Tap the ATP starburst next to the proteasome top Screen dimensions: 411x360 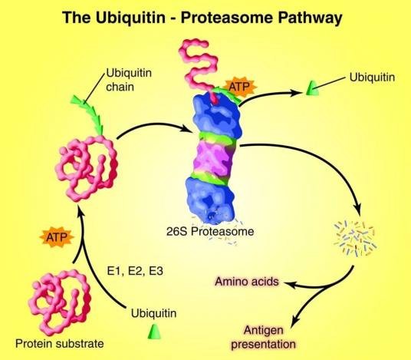(240, 87)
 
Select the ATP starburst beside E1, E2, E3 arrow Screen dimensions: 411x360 (57, 237)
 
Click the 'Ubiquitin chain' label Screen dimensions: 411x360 (129, 80)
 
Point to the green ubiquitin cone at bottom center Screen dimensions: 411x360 (154, 332)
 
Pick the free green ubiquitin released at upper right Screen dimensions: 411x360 (312, 88)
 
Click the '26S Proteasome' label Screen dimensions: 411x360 (210, 232)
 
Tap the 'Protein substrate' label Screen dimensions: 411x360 (60, 343)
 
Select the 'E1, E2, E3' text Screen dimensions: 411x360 (135, 271)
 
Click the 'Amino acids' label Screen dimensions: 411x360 (247, 282)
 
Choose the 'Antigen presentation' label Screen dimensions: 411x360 (263, 337)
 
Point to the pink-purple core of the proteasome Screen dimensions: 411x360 (214, 158)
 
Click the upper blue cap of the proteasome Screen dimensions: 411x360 (217, 114)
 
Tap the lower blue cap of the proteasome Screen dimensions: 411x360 (209, 200)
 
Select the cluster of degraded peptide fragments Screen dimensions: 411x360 (356, 238)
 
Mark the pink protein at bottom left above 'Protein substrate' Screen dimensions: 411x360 (59, 302)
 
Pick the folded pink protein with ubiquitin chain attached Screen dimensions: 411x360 (87, 168)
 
